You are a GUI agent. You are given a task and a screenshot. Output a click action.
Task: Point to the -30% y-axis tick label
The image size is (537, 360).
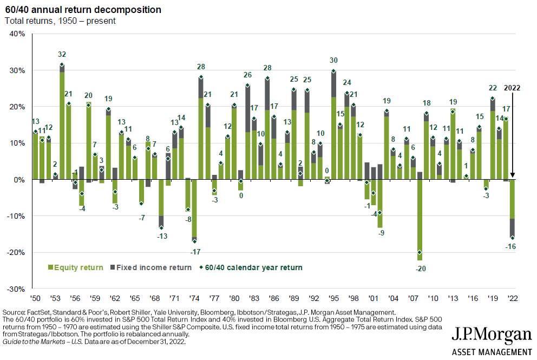[x=16, y=289]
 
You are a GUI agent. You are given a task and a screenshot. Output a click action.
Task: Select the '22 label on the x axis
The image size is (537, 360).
[x=512, y=298]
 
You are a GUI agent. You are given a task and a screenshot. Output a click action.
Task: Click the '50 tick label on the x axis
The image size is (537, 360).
[x=35, y=298]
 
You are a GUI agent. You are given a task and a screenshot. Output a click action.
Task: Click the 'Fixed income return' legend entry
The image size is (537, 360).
[x=151, y=267]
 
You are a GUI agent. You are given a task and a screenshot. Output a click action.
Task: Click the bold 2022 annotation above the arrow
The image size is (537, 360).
[x=513, y=88]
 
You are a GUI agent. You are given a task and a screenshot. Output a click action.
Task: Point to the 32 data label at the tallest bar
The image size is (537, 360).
[x=62, y=54]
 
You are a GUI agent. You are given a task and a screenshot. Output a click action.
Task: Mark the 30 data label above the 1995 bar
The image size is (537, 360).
[x=333, y=60]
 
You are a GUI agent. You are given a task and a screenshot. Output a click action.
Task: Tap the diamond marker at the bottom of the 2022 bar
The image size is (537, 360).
[x=512, y=238]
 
